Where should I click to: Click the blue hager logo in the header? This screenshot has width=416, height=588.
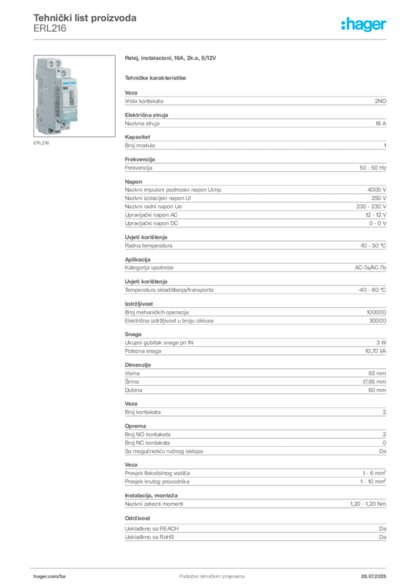tap(365, 25)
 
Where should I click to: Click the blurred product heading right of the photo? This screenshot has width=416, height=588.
tap(172, 58)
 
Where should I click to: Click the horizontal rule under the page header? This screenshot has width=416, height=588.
tap(211, 39)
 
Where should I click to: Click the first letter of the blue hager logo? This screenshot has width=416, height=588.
tap(342, 25)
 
